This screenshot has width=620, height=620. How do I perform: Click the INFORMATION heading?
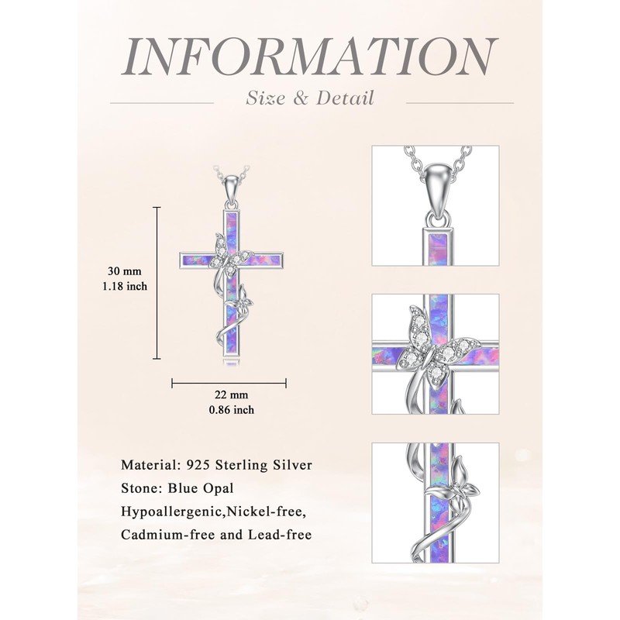click(310, 56)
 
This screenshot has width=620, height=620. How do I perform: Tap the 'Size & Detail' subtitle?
click(309, 98)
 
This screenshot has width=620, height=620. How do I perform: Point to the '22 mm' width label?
click(229, 396)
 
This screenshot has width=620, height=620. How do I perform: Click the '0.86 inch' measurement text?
click(229, 410)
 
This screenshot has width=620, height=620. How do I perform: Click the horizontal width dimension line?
click(229, 382)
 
